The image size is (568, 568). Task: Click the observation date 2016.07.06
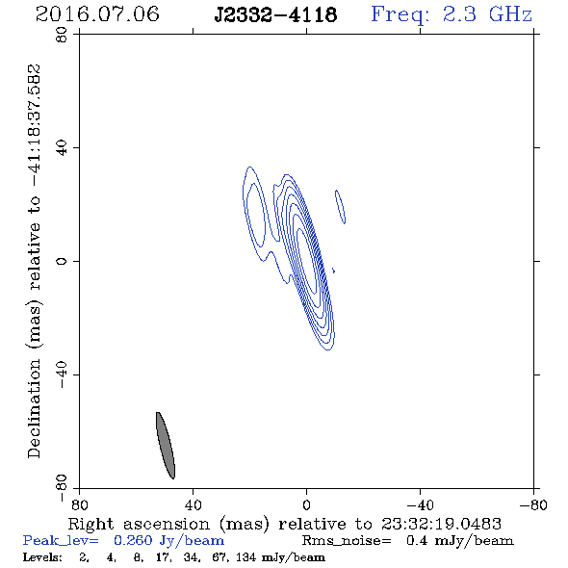coord(97,14)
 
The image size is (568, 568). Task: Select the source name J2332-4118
coord(275,14)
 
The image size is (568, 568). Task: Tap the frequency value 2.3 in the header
coord(459,14)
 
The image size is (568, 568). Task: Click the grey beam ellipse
coord(166,445)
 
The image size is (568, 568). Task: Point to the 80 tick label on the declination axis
coord(62,35)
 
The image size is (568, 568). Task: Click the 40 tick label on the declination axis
coord(62,148)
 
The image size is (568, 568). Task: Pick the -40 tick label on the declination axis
coord(62,374)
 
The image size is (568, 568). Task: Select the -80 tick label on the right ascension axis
coord(533,504)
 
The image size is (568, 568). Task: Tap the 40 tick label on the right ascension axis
coord(193,504)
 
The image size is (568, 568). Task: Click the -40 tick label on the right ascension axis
coord(420,504)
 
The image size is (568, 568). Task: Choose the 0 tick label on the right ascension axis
coord(306,504)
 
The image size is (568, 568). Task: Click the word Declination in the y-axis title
coord(34,409)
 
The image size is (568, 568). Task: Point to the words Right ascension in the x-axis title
coord(139,524)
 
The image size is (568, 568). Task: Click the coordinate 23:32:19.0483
coord(441,524)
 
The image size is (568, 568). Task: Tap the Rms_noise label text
coord(347,541)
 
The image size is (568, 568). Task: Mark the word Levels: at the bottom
coord(42,556)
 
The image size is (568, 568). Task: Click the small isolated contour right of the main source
coord(340,207)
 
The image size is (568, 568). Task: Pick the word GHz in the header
coord(510,14)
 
